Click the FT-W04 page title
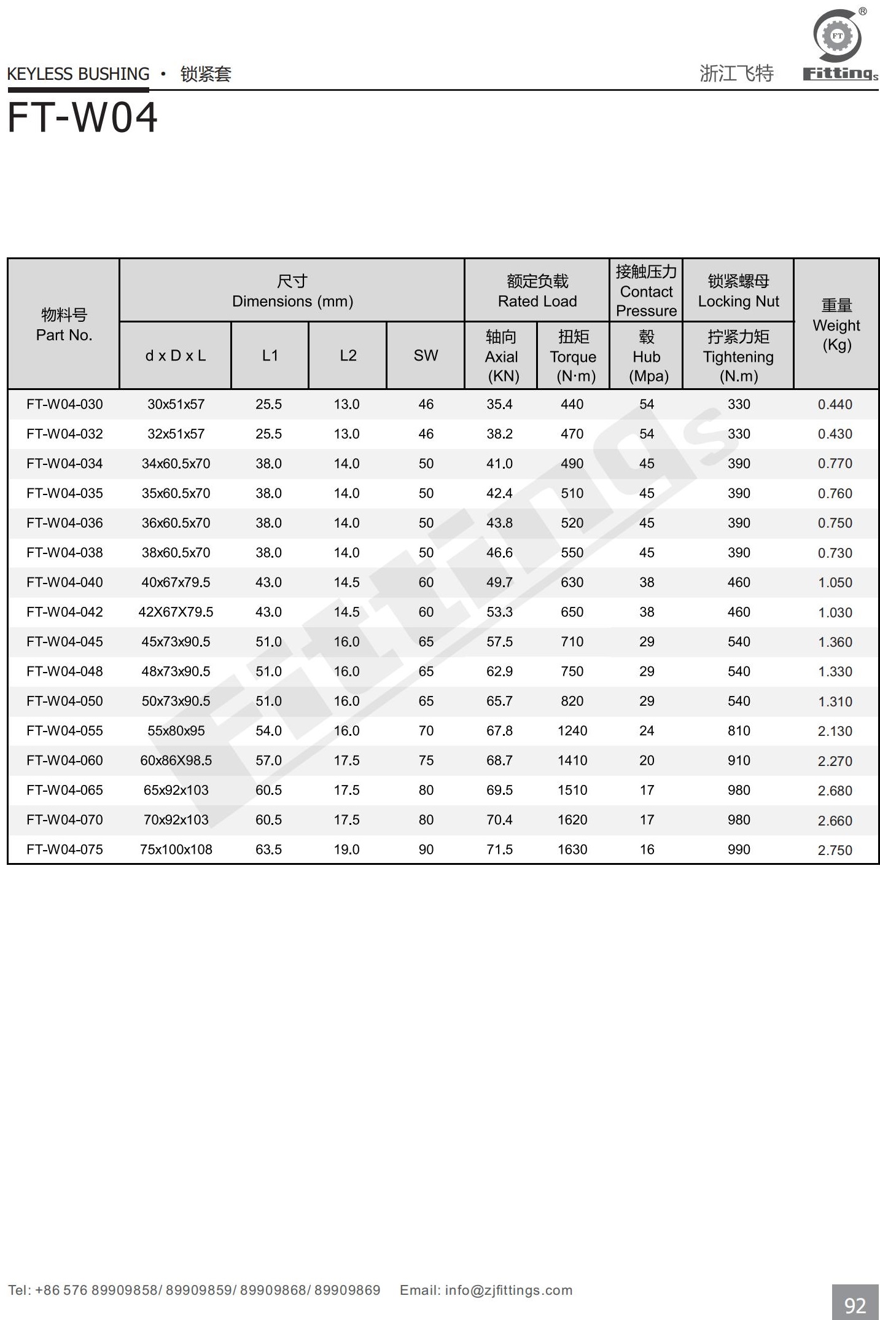pos(82,117)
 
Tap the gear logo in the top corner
pos(837,36)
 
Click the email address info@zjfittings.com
pos(508,1290)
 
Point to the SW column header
pos(426,356)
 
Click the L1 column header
pos(270,356)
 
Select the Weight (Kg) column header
pos(836,324)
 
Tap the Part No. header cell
pos(64,325)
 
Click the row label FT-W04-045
pos(64,642)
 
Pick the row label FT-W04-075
pos(64,849)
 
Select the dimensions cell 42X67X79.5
pos(176,612)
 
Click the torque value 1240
pos(572,731)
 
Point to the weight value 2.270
pos(835,761)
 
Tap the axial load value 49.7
pos(499,582)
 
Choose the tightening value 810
pos(739,731)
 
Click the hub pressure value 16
pos(647,849)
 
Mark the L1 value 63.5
pos(268,849)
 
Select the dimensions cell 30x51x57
pos(176,405)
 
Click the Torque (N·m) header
pos(573,356)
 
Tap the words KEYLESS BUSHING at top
pos(78,74)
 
